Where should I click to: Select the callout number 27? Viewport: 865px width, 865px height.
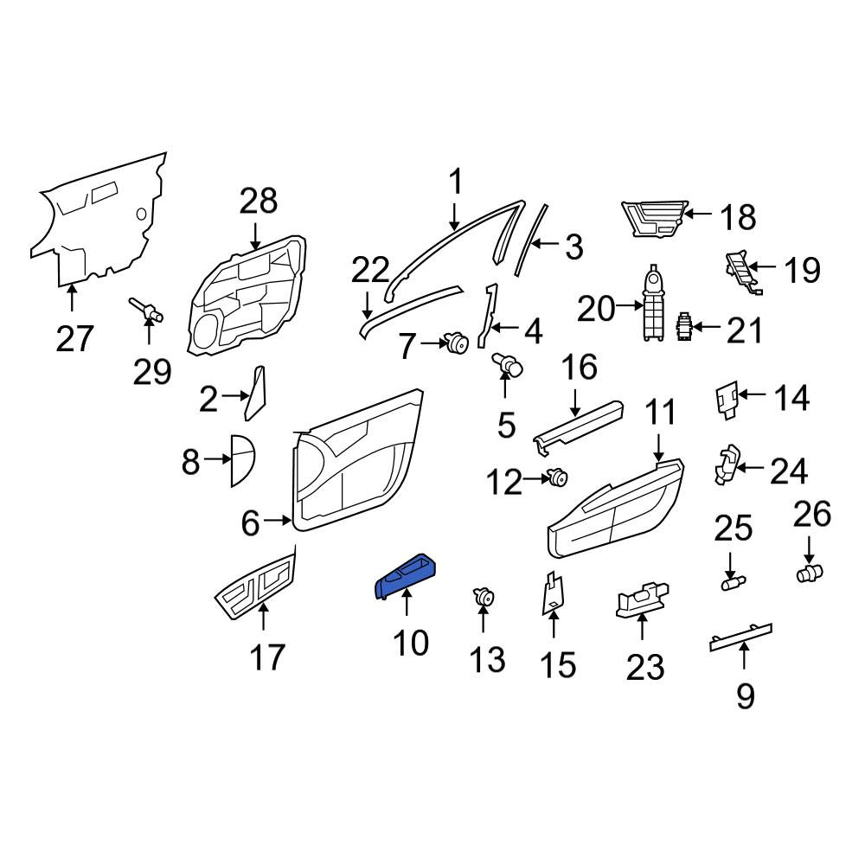75,339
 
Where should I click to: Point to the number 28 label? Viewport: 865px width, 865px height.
258,202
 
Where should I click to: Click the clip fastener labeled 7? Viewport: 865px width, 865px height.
457,343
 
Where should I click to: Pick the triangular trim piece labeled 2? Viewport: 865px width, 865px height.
255,392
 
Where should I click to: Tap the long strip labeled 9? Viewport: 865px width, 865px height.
741,638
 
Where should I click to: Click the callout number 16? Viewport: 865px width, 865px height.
580,367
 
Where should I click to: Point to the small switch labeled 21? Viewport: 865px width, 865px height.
684,326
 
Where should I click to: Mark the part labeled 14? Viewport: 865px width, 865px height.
727,400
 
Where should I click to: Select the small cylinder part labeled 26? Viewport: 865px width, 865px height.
810,573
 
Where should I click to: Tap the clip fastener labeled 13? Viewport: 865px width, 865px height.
484,597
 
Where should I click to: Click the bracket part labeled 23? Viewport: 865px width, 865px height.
642,599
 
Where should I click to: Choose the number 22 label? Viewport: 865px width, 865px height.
370,270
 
